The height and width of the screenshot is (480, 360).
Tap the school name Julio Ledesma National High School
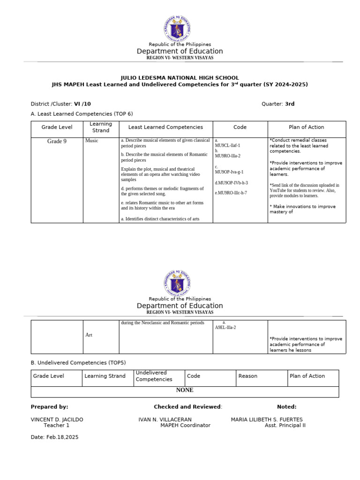click(x=180, y=78)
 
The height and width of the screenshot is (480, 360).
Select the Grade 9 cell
click(x=57, y=141)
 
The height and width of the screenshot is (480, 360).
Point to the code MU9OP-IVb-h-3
click(x=232, y=183)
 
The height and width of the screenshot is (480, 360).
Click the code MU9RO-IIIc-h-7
click(x=231, y=193)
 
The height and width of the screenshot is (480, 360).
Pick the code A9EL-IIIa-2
click(x=225, y=327)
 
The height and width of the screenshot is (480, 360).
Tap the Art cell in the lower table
click(x=89, y=335)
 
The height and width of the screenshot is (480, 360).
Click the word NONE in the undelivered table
click(x=184, y=390)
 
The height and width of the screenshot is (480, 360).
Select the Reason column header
click(x=247, y=376)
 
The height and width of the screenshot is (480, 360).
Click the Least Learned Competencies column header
click(x=165, y=127)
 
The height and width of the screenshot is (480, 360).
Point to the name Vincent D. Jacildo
click(x=57, y=420)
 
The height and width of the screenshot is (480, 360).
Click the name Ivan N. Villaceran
click(x=165, y=420)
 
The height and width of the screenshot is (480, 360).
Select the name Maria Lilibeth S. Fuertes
click(x=267, y=420)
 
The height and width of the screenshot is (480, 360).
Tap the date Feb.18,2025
click(x=54, y=437)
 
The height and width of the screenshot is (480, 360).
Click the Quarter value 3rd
click(x=290, y=104)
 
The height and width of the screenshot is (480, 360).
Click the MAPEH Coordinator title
click(x=185, y=426)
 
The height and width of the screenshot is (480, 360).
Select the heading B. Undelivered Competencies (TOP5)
click(x=78, y=362)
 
